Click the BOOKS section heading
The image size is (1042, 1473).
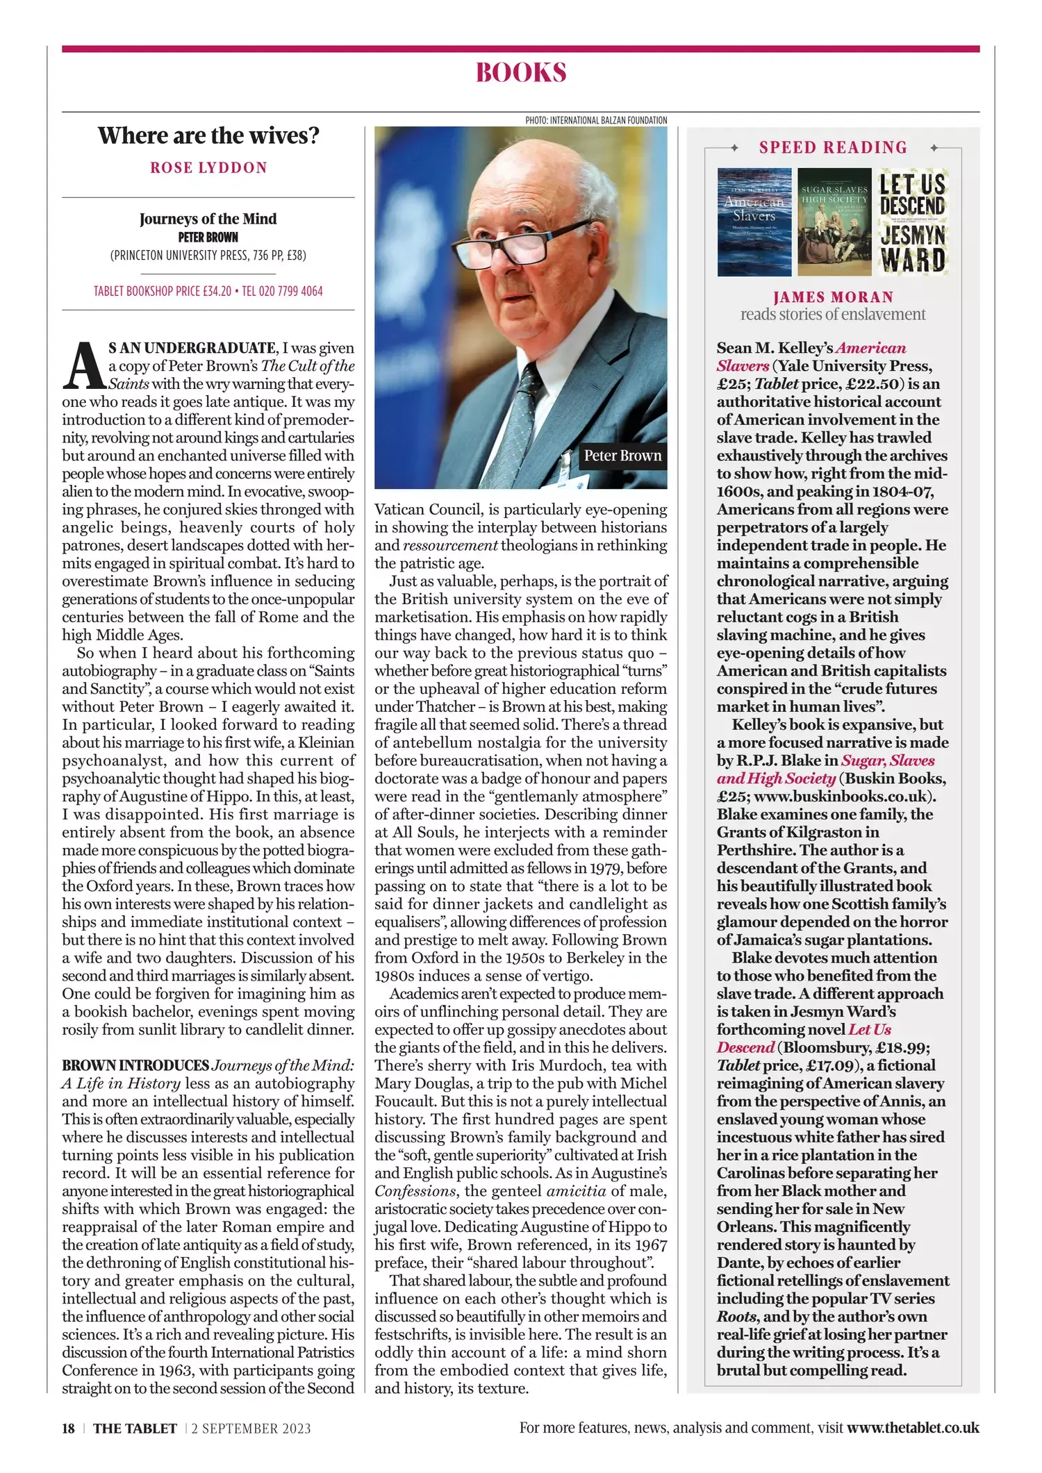(521, 73)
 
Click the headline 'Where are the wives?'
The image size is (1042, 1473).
(208, 135)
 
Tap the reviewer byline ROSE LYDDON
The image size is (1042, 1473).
(208, 168)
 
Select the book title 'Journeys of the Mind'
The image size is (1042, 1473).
(208, 219)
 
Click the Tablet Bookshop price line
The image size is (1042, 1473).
(208, 291)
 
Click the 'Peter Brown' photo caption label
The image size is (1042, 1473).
(622, 456)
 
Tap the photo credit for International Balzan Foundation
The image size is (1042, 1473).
(596, 120)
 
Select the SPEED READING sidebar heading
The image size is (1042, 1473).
(833, 147)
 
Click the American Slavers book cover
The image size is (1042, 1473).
(754, 222)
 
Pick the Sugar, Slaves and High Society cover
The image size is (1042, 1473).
(834, 222)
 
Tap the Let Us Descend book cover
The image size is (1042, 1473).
(912, 222)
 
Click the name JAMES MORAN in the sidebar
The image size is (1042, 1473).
(833, 297)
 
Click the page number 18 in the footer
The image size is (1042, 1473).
(68, 1429)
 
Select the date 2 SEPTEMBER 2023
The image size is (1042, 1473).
(251, 1429)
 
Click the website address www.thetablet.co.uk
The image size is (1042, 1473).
(913, 1428)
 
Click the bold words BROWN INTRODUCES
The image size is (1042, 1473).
(135, 1065)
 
